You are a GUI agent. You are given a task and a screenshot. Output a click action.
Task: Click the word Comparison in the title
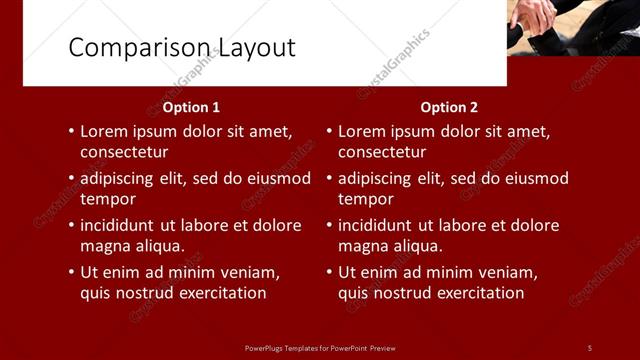[x=127, y=48]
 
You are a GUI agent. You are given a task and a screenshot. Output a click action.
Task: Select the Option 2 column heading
[x=449, y=107]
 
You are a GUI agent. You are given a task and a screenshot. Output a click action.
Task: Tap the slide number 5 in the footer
[x=589, y=347]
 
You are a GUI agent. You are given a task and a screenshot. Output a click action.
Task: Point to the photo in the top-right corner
[x=573, y=27]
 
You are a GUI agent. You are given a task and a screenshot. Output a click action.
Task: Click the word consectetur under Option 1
[x=124, y=152]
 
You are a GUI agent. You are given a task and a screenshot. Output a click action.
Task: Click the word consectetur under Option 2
[x=382, y=152]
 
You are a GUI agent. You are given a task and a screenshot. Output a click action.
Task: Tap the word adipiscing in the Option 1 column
[x=121, y=179]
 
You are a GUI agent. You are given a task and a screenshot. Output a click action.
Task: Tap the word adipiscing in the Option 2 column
[x=379, y=179]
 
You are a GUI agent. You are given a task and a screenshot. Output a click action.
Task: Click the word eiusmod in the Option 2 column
[x=535, y=179]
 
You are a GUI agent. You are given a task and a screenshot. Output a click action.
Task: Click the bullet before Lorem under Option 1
[x=71, y=131]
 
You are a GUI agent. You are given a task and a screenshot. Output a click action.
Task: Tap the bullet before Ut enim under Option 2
[x=329, y=272]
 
